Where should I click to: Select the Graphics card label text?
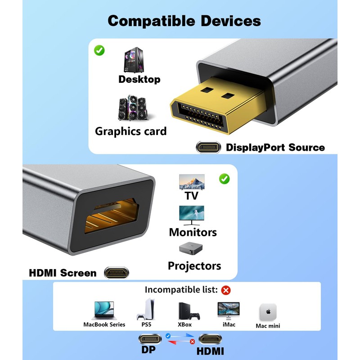coord(130,131)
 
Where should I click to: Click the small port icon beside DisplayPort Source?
coord(208,147)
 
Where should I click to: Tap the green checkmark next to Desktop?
coord(99,50)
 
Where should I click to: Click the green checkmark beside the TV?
coord(224,179)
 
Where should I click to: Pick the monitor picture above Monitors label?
coord(192,215)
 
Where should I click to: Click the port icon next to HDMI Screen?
coord(116,273)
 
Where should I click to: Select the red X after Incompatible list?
coord(226,290)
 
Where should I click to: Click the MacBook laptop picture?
coord(104,310)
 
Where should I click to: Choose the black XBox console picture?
coord(184,310)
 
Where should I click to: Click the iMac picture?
coord(229,310)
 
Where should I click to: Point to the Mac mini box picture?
coord(268,311)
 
